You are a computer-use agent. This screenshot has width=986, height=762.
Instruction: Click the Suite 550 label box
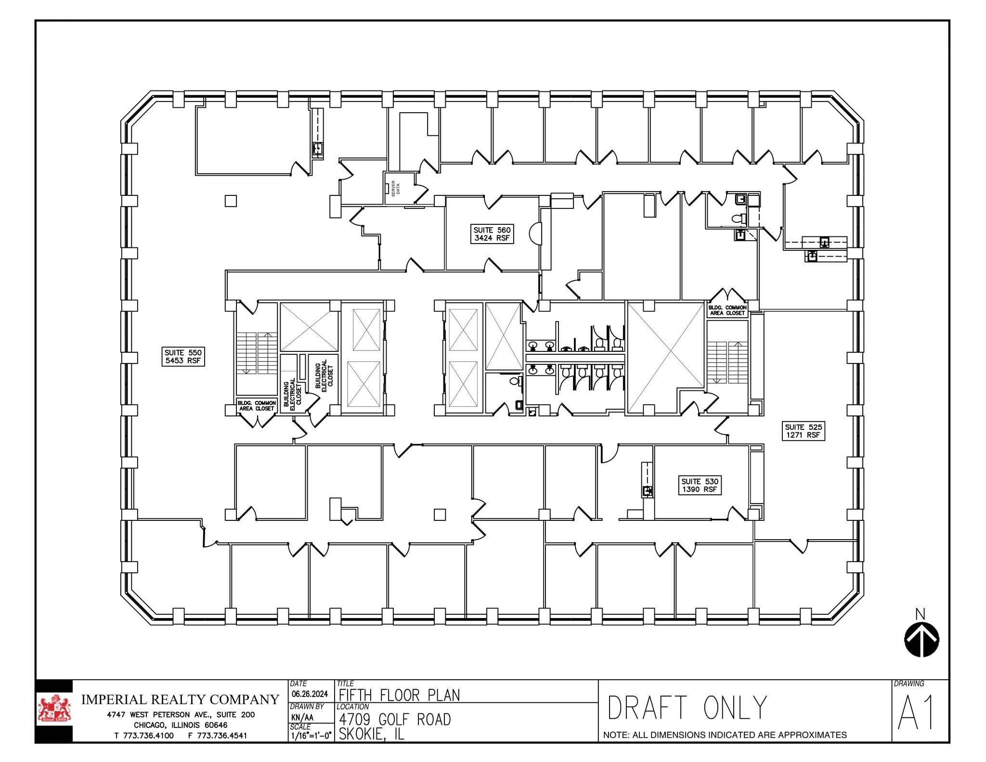click(183, 357)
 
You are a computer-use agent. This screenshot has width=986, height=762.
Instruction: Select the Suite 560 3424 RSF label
click(492, 234)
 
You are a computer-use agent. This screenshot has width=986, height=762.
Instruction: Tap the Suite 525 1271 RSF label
click(804, 431)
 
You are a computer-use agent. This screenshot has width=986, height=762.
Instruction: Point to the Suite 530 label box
click(700, 485)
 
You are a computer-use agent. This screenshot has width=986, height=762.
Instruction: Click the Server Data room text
click(395, 188)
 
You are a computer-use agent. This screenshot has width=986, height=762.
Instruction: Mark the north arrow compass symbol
click(921, 639)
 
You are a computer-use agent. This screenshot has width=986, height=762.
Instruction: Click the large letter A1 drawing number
click(916, 713)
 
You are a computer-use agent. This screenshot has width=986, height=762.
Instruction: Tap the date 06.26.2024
click(310, 694)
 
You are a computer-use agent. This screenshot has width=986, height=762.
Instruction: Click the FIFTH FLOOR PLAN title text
click(399, 695)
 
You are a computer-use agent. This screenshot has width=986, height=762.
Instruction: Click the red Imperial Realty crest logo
click(54, 710)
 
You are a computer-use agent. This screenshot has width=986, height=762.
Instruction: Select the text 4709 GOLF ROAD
click(395, 720)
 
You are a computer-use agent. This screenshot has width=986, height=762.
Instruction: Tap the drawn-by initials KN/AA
click(302, 717)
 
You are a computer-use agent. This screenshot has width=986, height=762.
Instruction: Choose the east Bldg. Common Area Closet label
click(727, 310)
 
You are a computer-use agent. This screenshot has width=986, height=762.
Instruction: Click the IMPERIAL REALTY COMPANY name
click(180, 699)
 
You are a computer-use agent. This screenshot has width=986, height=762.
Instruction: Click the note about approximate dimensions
click(725, 735)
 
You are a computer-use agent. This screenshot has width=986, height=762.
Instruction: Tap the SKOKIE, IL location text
click(371, 734)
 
